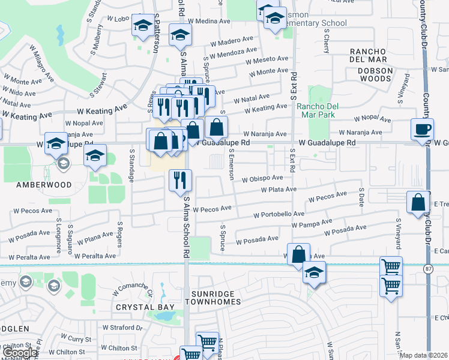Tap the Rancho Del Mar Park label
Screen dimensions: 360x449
[x=318, y=111]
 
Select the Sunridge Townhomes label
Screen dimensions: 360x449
[x=216, y=298]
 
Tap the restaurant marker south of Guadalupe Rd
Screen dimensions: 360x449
[x=181, y=179]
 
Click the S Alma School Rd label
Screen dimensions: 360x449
[x=187, y=228]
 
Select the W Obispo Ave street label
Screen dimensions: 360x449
[x=262, y=179]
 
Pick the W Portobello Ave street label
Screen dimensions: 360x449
[x=279, y=214]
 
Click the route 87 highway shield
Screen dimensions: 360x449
[x=428, y=268]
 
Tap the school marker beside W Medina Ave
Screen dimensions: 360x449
[x=180, y=36]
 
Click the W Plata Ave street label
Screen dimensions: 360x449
[x=279, y=190]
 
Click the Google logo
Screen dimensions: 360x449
[x=20, y=353]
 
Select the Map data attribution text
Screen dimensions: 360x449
[x=423, y=355]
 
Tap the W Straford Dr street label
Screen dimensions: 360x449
[x=123, y=328]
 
